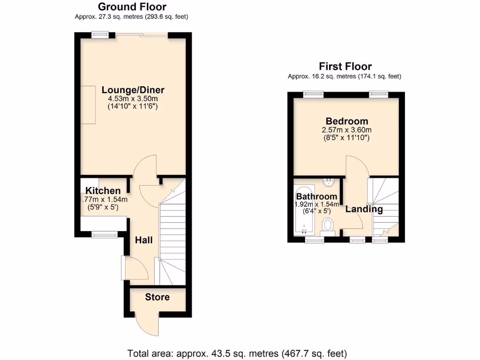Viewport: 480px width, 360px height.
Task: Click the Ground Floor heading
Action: tap(132, 7)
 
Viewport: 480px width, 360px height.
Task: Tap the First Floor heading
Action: tap(345, 66)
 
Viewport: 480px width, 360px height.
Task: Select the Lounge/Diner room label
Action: tap(133, 90)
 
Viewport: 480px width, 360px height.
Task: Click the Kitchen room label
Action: tap(103, 191)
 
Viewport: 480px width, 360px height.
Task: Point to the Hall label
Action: tap(144, 240)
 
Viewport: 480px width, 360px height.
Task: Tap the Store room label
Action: tap(157, 297)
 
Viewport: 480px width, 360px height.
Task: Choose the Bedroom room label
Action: tap(346, 121)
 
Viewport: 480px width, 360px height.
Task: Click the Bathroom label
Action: tap(316, 196)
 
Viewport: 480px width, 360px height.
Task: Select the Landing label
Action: tap(364, 209)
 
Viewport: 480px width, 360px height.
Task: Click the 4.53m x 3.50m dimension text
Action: tap(133, 99)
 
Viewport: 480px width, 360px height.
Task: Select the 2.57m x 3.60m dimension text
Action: tap(346, 130)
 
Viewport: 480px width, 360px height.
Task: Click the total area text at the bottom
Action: tap(237, 353)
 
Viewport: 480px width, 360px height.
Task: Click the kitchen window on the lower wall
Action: tap(103, 234)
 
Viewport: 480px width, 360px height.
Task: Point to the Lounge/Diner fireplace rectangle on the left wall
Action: tap(88, 105)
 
